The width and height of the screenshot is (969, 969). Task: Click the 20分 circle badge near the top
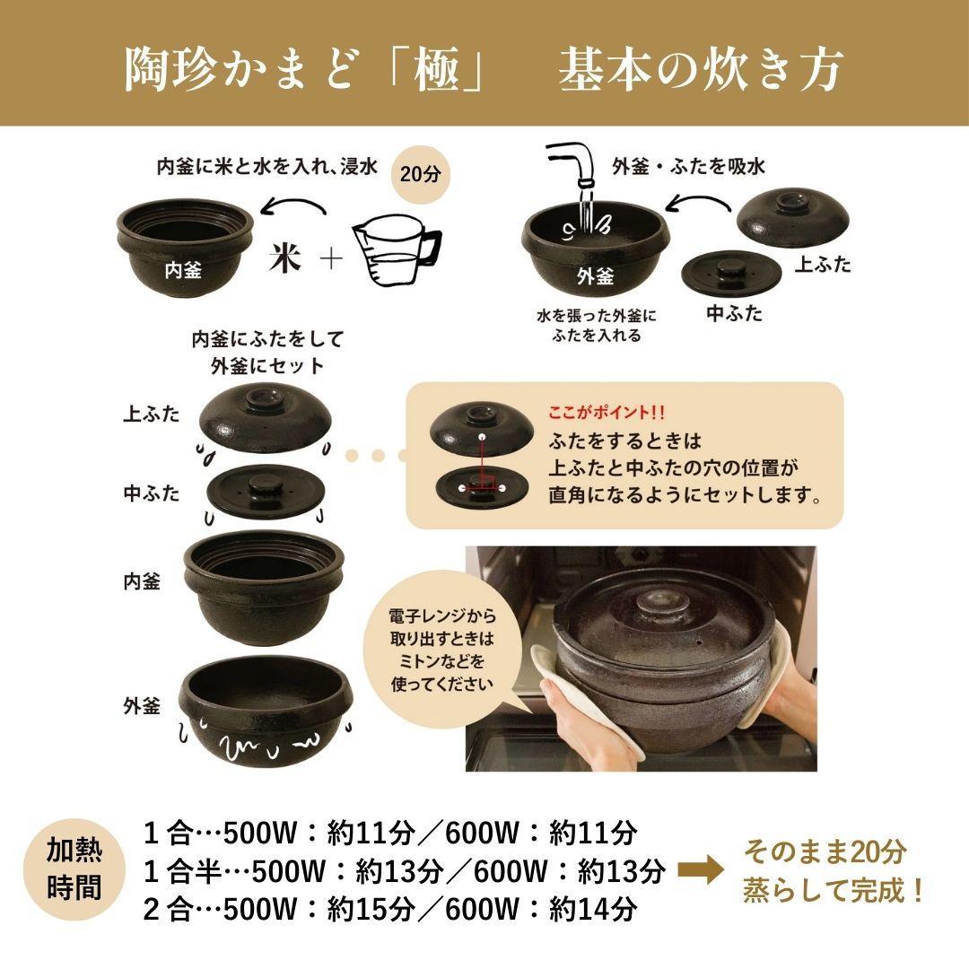point(421,174)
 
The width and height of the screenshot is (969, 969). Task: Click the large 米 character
point(285,259)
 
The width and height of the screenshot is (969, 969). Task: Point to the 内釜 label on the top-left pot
point(183,268)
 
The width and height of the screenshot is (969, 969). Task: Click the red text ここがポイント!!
point(607,414)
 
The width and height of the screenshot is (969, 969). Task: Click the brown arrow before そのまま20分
point(700,870)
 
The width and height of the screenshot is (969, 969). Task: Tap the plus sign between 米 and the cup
point(330,260)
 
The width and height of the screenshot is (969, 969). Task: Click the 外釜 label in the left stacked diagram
point(142,705)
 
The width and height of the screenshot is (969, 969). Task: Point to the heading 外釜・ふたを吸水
point(688,166)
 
